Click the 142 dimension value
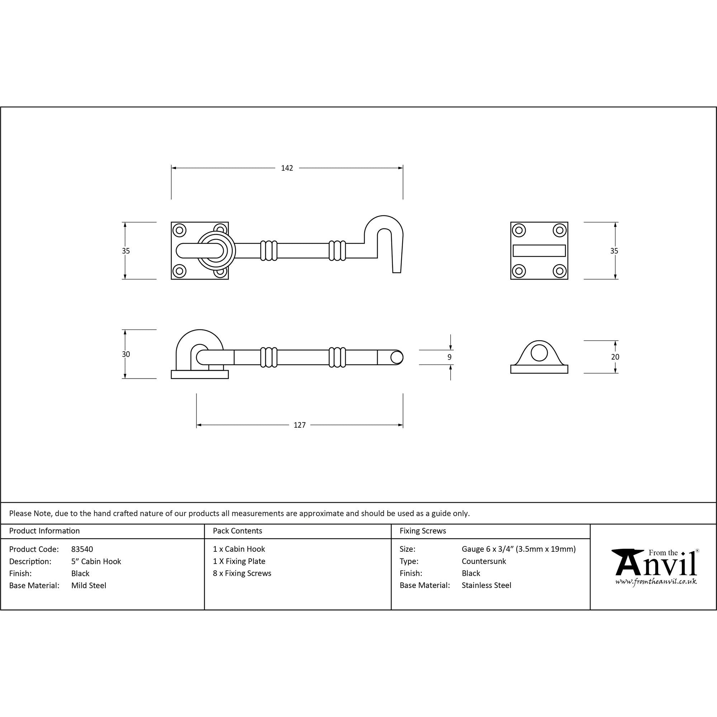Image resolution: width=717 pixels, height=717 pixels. pyautogui.click(x=287, y=168)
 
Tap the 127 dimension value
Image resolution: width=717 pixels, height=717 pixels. pyautogui.click(x=299, y=425)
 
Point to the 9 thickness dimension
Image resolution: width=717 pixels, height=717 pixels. pyautogui.click(x=450, y=357)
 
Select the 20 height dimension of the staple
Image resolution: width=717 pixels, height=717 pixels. pyautogui.click(x=615, y=357)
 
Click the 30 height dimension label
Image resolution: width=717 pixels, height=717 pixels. pyautogui.click(x=126, y=355)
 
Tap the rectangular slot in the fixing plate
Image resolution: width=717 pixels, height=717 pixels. pyautogui.click(x=539, y=251)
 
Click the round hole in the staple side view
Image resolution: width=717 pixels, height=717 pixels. pyautogui.click(x=539, y=352)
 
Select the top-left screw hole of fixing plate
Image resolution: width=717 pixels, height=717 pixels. pyautogui.click(x=518, y=231)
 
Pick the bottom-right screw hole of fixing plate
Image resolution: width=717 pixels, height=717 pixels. pyautogui.click(x=560, y=271)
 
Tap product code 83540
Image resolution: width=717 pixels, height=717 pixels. pyautogui.click(x=82, y=549)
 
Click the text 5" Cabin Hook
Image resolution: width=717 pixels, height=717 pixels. pyautogui.click(x=96, y=561)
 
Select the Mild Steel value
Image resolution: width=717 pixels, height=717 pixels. pyautogui.click(x=89, y=586)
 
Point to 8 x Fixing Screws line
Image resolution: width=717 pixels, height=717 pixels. pyautogui.click(x=242, y=573)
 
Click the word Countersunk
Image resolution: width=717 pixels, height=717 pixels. pyautogui.click(x=484, y=561)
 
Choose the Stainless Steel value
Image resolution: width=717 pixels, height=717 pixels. pyautogui.click(x=486, y=585)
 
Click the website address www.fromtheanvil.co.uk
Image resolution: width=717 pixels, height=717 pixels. pyautogui.click(x=656, y=581)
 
